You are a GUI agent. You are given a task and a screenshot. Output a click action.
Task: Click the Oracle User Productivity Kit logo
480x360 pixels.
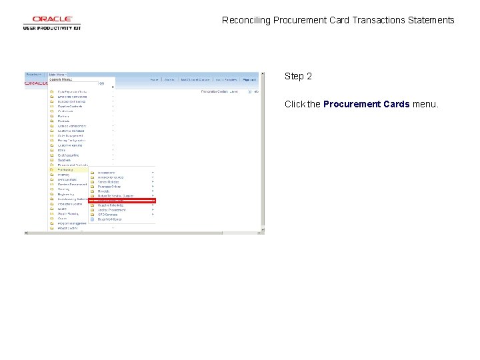point(52,23)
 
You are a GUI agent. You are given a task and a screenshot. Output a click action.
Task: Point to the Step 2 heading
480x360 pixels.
point(298,76)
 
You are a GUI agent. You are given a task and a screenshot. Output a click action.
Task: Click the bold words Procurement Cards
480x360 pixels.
point(366,104)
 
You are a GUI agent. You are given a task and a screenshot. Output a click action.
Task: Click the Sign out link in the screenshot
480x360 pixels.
point(249,79)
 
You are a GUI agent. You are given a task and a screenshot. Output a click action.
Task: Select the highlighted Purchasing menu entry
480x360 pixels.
point(65,169)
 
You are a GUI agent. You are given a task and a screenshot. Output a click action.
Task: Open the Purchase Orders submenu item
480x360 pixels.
point(110,187)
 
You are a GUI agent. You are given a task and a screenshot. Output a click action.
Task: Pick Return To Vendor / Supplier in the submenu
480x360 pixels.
point(115,196)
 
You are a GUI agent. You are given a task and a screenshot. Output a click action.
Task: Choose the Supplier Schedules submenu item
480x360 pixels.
point(111,205)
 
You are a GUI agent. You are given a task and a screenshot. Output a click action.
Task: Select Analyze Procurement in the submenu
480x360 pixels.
point(111,210)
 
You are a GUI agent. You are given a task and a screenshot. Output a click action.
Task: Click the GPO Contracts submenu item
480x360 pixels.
point(107,215)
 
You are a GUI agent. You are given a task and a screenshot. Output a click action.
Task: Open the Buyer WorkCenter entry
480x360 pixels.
point(109,219)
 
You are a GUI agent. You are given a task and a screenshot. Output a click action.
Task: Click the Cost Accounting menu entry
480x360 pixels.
point(68,155)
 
